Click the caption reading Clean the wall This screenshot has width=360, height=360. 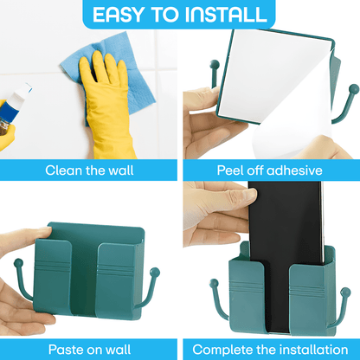coord(89,170)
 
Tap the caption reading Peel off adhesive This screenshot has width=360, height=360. coord(269,170)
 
